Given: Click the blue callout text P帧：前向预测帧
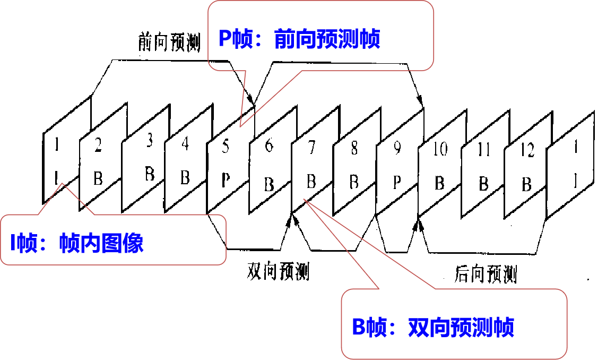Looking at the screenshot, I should point(300,39).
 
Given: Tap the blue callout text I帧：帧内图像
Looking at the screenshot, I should point(77,243).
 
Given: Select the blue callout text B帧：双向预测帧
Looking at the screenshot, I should point(433,327).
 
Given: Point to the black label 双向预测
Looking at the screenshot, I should point(278,272).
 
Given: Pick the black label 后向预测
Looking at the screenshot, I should point(486,275).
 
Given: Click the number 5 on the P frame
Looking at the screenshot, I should point(226,147).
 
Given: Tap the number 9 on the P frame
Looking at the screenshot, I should point(396,149).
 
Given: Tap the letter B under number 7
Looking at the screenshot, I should point(311,182).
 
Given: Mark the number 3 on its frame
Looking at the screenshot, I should point(150,142).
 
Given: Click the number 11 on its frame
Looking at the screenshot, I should point(483,151).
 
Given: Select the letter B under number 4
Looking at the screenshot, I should point(185,177).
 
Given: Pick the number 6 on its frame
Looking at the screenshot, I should point(269,145).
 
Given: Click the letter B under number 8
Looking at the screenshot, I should point(354,182).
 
